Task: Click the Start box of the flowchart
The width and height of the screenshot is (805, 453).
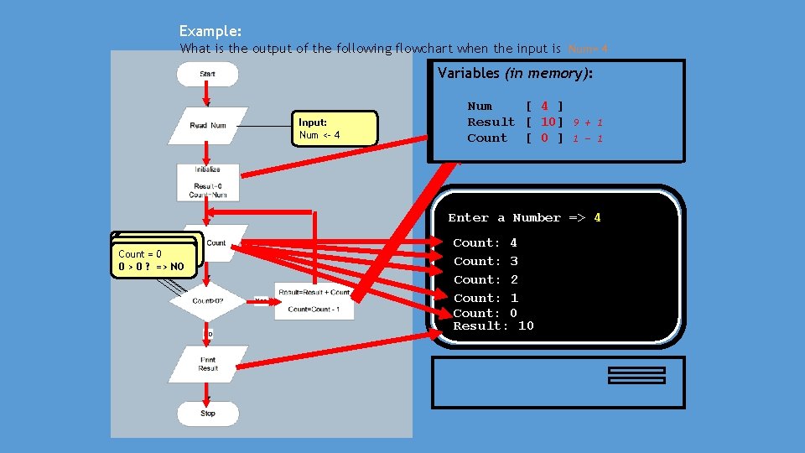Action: pyautogui.click(x=207, y=74)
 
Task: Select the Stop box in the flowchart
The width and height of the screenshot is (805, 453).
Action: pyautogui.click(x=207, y=413)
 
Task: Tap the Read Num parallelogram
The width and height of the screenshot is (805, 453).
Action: pyautogui.click(x=207, y=125)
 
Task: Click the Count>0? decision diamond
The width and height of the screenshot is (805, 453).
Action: pyautogui.click(x=208, y=300)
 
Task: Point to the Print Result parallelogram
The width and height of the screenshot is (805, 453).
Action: pyautogui.click(x=208, y=364)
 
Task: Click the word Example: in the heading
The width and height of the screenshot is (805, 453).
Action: pyautogui.click(x=210, y=31)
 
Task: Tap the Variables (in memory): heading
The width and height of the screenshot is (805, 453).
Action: pyautogui.click(x=516, y=74)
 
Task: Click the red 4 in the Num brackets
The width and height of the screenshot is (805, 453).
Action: pyautogui.click(x=544, y=107)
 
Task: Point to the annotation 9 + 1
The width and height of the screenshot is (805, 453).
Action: pyautogui.click(x=588, y=122)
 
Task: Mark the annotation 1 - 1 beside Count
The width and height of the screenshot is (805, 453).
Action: pyautogui.click(x=588, y=138)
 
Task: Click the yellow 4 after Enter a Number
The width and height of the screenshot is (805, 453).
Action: pyautogui.click(x=597, y=218)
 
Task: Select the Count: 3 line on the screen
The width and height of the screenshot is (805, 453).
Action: pyautogui.click(x=486, y=261)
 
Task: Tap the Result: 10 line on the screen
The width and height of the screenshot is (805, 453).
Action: pyautogui.click(x=493, y=325)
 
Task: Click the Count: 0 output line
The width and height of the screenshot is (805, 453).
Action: pyautogui.click(x=486, y=313)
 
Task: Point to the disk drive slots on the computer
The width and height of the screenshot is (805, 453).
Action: pyautogui.click(x=636, y=375)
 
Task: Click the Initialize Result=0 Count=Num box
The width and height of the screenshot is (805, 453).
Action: pyautogui.click(x=207, y=182)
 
